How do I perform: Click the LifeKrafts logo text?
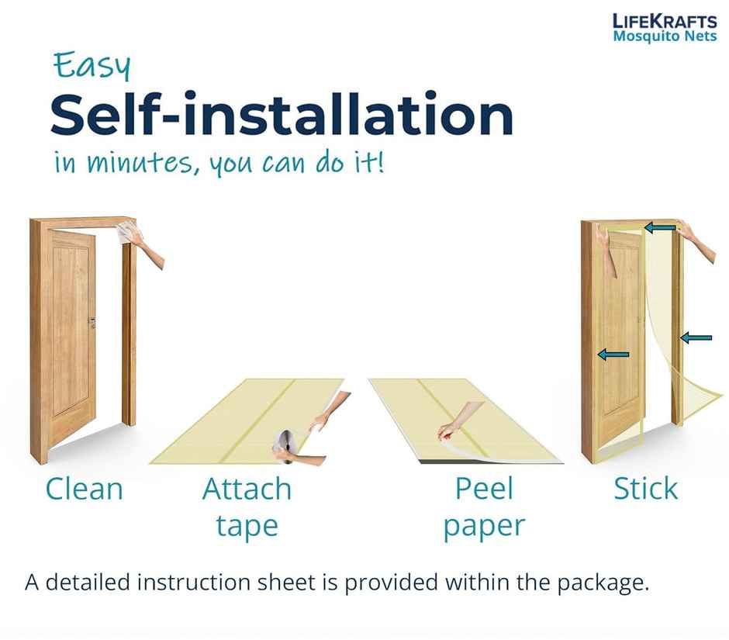(x=665, y=22)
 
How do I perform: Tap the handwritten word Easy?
(x=92, y=66)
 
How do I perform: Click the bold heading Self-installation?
(x=282, y=114)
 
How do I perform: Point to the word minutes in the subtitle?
(x=140, y=163)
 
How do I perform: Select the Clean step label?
(x=85, y=489)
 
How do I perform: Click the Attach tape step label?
(x=247, y=507)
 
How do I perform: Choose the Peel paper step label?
(x=484, y=507)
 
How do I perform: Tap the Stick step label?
(x=645, y=489)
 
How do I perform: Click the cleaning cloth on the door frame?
(x=125, y=232)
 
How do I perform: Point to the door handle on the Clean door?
(x=92, y=322)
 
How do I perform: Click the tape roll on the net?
(x=284, y=445)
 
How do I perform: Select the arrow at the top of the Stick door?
(x=660, y=228)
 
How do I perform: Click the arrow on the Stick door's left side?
(x=613, y=355)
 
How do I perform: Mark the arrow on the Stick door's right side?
(x=696, y=337)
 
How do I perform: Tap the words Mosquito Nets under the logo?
(x=665, y=36)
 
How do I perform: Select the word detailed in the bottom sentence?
(x=88, y=583)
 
